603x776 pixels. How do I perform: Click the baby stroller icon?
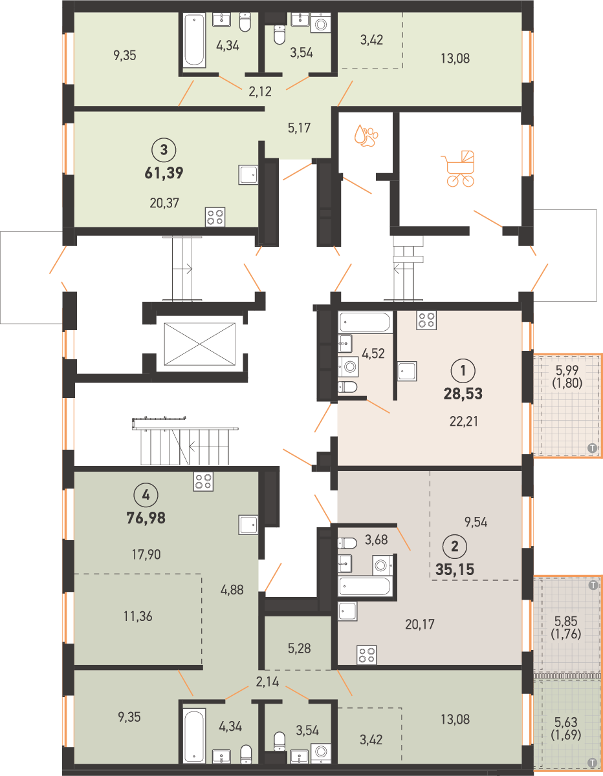457,169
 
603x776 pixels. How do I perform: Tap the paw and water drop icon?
366,135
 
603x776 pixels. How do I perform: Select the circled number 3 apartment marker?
164,150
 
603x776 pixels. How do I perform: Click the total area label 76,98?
146,518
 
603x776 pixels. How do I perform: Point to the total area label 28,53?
463,393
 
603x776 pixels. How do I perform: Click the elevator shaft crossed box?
200,344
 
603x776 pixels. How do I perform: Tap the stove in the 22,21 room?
426,320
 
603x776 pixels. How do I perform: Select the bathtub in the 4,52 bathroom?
365,322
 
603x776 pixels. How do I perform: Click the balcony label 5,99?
567,370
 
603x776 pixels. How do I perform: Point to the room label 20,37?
164,203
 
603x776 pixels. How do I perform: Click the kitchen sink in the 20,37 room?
248,174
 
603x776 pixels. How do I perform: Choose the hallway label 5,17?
299,128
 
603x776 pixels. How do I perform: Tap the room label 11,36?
138,616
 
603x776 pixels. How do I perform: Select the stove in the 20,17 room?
367,655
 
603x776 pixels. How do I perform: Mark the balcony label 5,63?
566,722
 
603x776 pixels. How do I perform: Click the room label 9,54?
476,522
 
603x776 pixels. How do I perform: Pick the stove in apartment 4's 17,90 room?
203,481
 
